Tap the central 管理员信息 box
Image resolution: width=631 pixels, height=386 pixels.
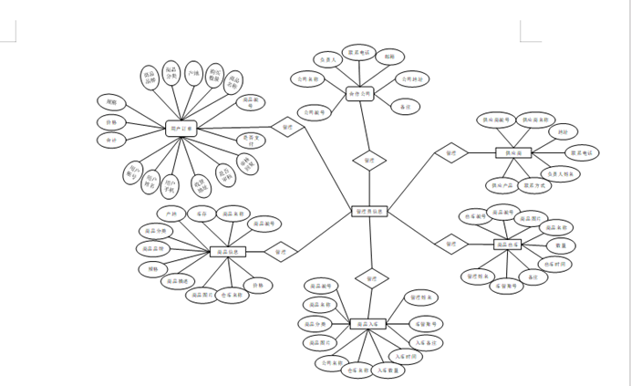tap(369, 211)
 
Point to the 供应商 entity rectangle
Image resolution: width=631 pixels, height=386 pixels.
tap(513, 153)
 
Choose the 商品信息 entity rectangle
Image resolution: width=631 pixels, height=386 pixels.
tap(228, 251)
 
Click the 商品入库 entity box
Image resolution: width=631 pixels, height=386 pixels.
tap(368, 323)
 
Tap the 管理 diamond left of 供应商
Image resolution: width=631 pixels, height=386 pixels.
tap(450, 153)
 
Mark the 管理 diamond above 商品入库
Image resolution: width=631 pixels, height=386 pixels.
tap(371, 277)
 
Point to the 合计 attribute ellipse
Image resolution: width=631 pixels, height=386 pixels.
tap(111, 141)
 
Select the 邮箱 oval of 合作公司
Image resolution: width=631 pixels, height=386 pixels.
tap(390, 57)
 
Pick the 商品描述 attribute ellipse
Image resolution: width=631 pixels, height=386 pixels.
tap(179, 281)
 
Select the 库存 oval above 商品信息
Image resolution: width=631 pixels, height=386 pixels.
tap(201, 213)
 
